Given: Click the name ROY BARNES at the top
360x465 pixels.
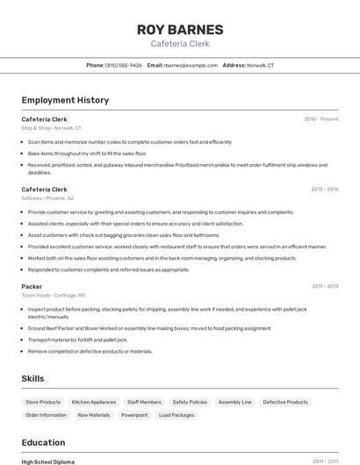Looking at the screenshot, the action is tap(180, 29).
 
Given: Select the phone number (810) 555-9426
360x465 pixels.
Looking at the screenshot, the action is tap(124, 65).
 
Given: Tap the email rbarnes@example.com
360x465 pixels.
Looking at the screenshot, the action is tap(191, 65).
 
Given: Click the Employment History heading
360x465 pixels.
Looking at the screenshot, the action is tap(65, 100).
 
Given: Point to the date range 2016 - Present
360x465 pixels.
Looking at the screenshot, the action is tap(320, 118).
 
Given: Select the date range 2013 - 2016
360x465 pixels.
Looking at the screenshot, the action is tap(324, 190).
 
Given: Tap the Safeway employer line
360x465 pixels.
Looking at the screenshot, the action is tap(47, 198).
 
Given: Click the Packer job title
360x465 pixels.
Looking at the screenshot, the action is tap(32, 286).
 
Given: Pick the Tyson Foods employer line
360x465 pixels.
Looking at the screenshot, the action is tap(54, 296).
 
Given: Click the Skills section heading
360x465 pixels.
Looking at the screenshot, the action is tap(33, 378).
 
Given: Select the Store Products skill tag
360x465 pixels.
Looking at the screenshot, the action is tap(43, 402).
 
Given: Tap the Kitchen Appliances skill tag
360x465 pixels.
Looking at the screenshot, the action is tap(94, 402).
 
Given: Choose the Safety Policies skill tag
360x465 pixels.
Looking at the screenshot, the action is tap(190, 402).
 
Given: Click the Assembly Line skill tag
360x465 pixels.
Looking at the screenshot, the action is tap(234, 402).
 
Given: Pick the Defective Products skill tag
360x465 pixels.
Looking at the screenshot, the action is tap(285, 402).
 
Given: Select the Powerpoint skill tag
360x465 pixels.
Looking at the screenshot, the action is tap(134, 415).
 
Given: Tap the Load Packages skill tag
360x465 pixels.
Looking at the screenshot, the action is tap(176, 415).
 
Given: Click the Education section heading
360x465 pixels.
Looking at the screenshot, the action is tap(43, 442).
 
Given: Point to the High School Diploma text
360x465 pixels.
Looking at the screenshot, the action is tap(48, 461).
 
